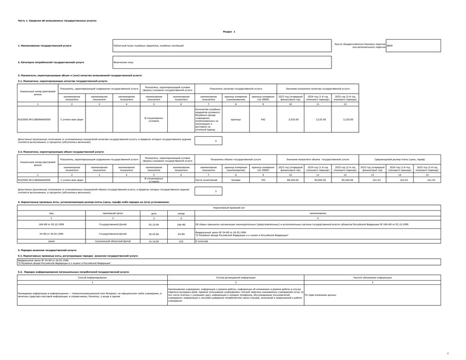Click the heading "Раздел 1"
(x=229, y=31)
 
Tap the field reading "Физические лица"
(x=222, y=62)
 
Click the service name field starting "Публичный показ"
(x=222, y=45)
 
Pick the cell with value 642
(x=263, y=119)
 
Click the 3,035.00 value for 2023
(x=292, y=119)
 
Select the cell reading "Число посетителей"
(x=208, y=180)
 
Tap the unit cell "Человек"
(x=236, y=180)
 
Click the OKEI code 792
(x=263, y=180)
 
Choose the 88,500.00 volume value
(x=292, y=180)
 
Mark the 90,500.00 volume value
(x=348, y=180)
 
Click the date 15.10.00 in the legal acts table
(x=153, y=241)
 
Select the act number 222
(x=181, y=241)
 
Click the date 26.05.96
(x=153, y=233)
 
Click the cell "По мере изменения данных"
(x=320, y=295)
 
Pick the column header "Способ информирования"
(x=92, y=278)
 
